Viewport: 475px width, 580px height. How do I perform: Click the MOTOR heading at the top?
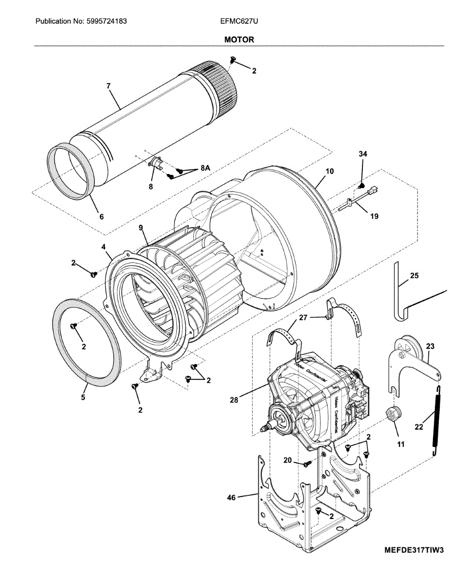pyautogui.click(x=239, y=40)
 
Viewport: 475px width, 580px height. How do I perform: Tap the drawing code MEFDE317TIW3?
pyautogui.click(x=414, y=550)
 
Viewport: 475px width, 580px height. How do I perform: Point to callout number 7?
pyautogui.click(x=109, y=86)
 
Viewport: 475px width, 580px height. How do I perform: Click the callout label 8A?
pyautogui.click(x=205, y=169)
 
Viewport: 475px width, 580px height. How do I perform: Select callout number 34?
pyautogui.click(x=362, y=154)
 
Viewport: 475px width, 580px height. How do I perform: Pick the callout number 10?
pyautogui.click(x=330, y=171)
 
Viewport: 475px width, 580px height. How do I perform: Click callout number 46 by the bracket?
pyautogui.click(x=231, y=497)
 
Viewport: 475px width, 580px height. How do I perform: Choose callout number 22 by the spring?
pyautogui.click(x=418, y=426)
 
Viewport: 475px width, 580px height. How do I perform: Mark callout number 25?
pyautogui.click(x=414, y=276)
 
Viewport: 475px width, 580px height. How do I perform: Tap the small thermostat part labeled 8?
pyautogui.click(x=156, y=163)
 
